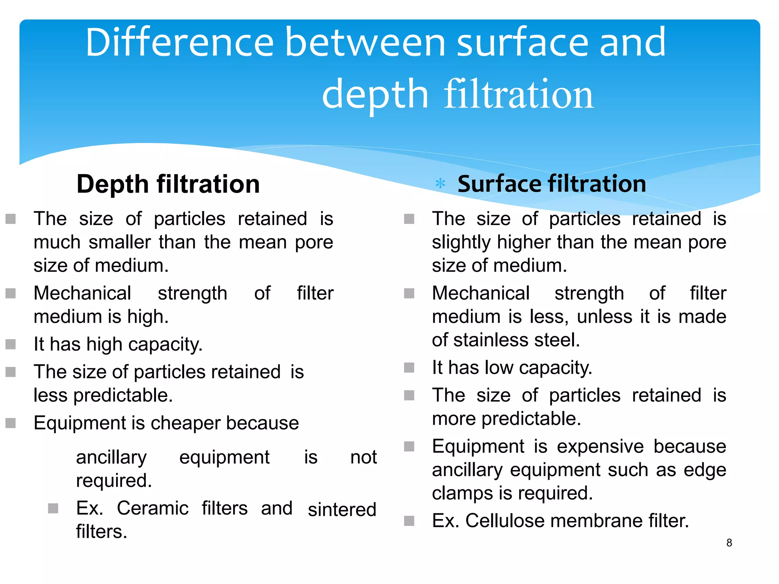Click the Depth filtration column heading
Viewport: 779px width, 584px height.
pos(168,184)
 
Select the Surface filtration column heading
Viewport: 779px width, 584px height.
pos(552,184)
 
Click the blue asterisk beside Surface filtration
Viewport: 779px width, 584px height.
pos(440,184)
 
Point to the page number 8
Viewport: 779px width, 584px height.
pos(729,543)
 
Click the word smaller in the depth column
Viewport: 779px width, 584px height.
pos(119,242)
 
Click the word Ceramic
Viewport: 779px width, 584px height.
pos(153,508)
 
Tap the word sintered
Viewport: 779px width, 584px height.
pos(342,510)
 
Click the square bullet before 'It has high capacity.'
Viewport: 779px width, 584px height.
pos(11,344)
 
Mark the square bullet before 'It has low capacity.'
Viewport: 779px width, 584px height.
pos(409,368)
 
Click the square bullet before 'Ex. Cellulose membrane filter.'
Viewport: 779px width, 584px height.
pos(409,521)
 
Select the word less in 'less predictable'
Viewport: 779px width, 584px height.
pos(51,395)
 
